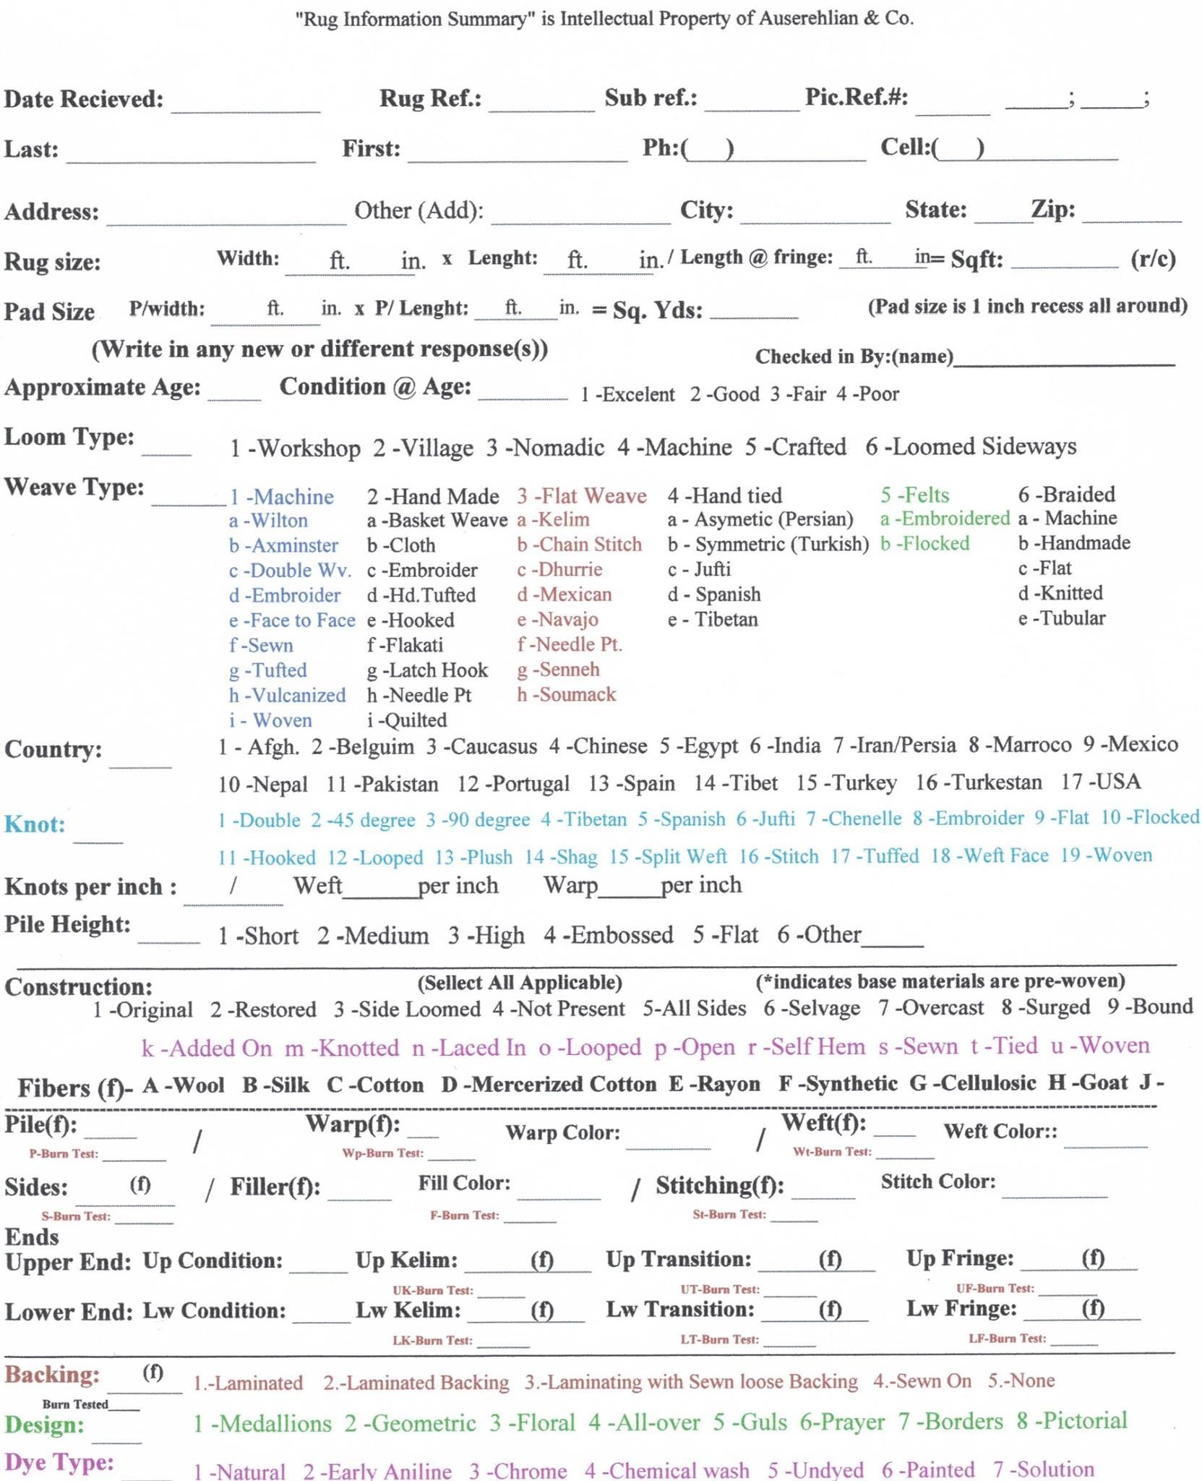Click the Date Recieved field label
click(x=83, y=98)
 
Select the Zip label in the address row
click(x=1052, y=210)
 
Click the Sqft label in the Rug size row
click(x=976, y=259)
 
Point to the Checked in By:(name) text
click(x=854, y=357)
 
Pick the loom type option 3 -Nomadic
click(x=545, y=448)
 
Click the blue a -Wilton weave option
click(x=268, y=521)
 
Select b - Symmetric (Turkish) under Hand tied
click(x=768, y=544)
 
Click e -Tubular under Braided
click(x=1061, y=618)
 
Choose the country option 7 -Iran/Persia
click(x=894, y=745)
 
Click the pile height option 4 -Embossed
click(x=608, y=935)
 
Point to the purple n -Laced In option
click(x=468, y=1048)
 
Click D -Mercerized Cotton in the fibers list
click(x=549, y=1084)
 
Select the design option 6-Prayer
click(x=841, y=1422)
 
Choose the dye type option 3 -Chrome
click(x=518, y=1470)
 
